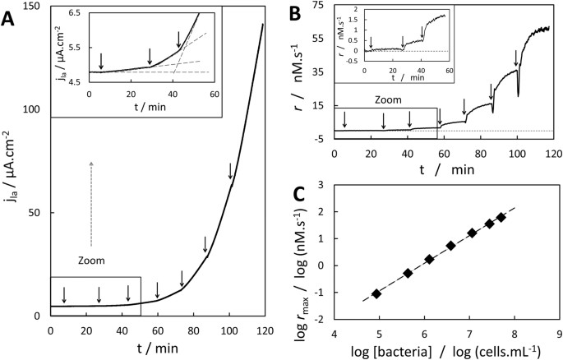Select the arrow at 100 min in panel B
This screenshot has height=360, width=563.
tap(516, 57)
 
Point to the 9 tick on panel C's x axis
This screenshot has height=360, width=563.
tap(559, 335)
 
